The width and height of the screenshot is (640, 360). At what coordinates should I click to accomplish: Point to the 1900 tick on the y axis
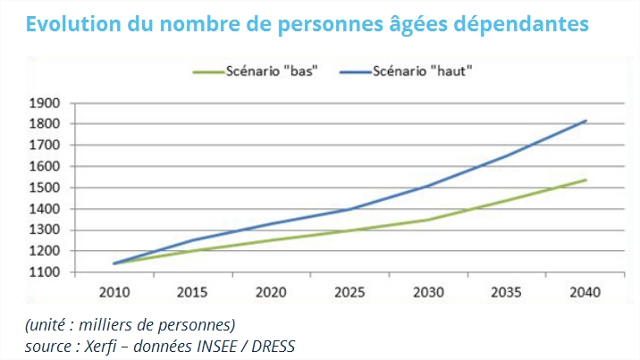[x=46, y=103]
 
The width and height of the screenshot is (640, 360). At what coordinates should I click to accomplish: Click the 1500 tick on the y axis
[x=46, y=188]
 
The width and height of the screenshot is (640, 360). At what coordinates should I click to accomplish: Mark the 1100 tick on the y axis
[x=46, y=272]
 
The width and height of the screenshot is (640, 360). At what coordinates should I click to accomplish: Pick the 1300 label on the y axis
[x=46, y=230]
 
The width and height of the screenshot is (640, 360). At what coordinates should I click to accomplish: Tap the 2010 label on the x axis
[x=114, y=291]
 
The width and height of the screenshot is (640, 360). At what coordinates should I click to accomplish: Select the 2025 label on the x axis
[x=349, y=291]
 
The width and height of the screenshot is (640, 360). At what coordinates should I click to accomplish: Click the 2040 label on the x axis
[x=584, y=291]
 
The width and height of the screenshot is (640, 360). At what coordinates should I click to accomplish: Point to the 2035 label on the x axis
[x=506, y=291]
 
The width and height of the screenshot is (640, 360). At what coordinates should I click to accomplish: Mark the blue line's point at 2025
[x=349, y=210]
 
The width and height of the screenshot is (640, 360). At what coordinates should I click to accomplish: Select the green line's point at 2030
[x=427, y=219]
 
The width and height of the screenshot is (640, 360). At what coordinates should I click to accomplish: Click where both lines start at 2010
[x=114, y=264]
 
